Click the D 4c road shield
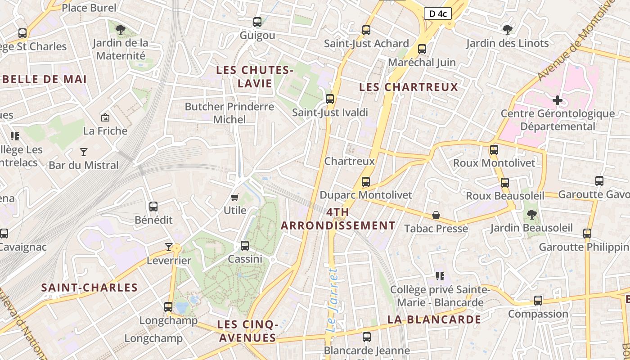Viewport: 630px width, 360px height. pos(437,13)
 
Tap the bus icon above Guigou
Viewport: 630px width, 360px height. pos(257,22)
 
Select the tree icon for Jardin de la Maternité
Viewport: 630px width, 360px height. pos(120,30)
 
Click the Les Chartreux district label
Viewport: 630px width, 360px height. pos(409,87)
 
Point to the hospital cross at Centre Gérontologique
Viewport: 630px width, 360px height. pos(558,100)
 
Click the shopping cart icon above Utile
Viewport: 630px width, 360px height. pos(234,197)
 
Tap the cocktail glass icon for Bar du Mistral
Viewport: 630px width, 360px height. pos(84,152)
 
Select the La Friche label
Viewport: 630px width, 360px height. pos(105,131)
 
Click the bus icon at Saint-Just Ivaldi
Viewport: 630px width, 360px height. pos(330,99)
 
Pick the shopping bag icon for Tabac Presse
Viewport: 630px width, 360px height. pos(436,215)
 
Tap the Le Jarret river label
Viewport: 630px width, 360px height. pos(332,300)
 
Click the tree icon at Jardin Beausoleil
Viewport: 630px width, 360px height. pos(532,214)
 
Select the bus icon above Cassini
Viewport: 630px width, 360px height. pos(245,246)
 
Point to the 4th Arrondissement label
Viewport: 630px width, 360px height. pos(338,219)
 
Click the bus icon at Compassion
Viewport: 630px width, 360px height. pos(538,301)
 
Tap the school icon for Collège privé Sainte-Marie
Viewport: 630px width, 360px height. pos(440,276)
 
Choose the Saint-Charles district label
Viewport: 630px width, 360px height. pos(89,288)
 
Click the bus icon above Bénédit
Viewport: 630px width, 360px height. pos(153,207)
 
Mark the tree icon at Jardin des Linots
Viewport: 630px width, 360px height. pos(507,30)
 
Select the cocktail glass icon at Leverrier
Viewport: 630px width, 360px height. pos(169,247)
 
